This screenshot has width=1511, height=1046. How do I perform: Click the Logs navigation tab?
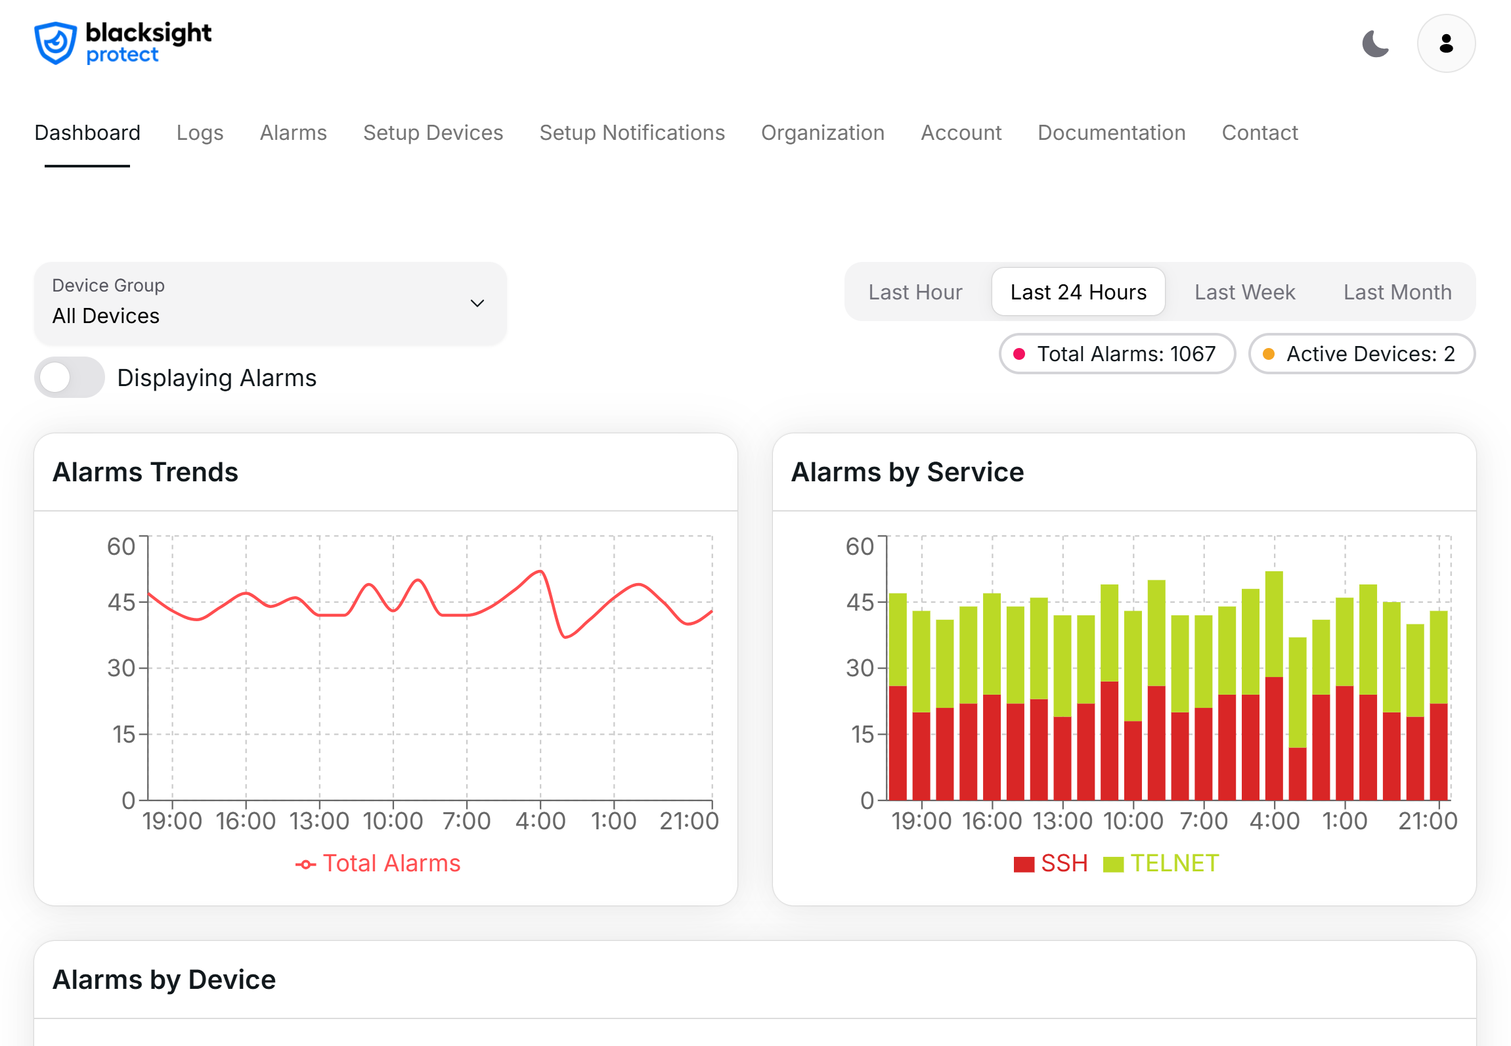click(x=200, y=133)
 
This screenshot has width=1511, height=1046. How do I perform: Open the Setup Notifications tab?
click(x=632, y=133)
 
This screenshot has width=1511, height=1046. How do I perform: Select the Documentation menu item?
click(x=1111, y=133)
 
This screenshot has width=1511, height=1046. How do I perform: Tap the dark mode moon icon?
click(x=1375, y=44)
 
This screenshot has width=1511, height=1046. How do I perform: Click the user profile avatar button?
click(x=1445, y=44)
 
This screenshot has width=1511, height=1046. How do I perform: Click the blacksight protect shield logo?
click(x=56, y=43)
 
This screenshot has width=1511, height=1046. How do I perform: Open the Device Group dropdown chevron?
click(x=477, y=303)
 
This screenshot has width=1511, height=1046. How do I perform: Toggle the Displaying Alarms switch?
click(x=70, y=378)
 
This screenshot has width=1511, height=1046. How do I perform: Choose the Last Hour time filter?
click(x=915, y=292)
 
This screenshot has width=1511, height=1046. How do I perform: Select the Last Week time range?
click(x=1244, y=292)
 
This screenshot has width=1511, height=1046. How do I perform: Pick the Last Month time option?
click(x=1397, y=292)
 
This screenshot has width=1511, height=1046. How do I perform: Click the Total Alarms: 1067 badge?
click(x=1117, y=354)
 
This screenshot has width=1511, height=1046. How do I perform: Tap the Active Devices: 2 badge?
click(x=1361, y=354)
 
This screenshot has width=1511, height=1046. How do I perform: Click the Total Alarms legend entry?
click(x=378, y=863)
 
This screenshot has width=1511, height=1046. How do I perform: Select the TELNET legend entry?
click(x=1161, y=863)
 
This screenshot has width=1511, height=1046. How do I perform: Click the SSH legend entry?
click(x=1051, y=863)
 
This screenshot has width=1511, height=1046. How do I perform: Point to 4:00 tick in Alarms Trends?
click(x=540, y=821)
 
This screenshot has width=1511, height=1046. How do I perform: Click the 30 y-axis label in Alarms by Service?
click(x=860, y=668)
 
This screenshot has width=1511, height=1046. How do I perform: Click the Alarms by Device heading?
click(x=164, y=980)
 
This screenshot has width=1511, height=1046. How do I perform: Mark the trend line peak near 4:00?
click(x=540, y=571)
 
